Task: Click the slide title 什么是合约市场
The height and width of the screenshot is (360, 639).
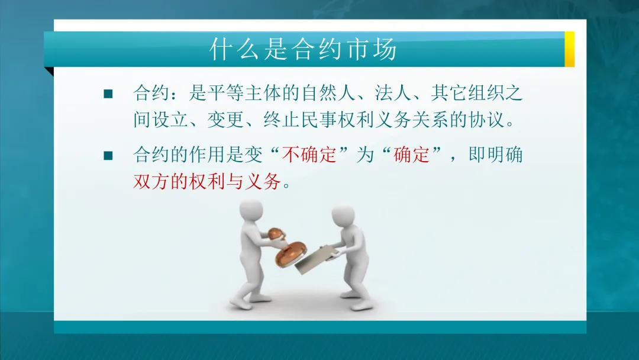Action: (303, 50)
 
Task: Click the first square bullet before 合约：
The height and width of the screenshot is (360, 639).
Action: (108, 94)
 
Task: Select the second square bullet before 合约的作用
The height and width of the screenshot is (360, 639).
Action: (108, 156)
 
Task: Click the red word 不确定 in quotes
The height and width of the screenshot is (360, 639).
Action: (317, 155)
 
